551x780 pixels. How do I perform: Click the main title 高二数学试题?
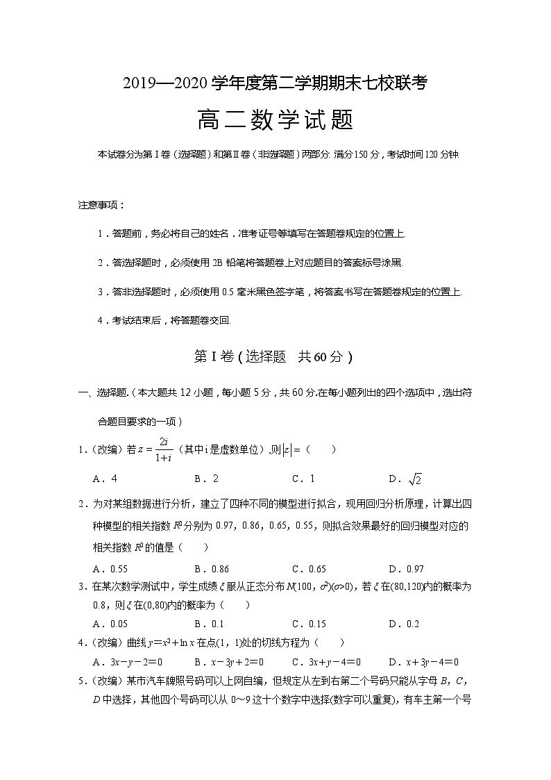[x=275, y=121]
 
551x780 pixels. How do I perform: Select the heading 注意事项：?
[x=102, y=206]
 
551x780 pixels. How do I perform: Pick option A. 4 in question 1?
[x=105, y=479]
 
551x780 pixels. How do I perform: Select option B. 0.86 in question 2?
[x=212, y=567]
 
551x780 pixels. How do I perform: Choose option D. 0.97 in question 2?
[x=407, y=567]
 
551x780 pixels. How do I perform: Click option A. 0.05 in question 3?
[x=110, y=624]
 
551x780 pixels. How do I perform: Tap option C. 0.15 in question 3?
[x=309, y=624]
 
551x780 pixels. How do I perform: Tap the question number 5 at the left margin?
[x=81, y=681]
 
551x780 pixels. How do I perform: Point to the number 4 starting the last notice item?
[x=101, y=321]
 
